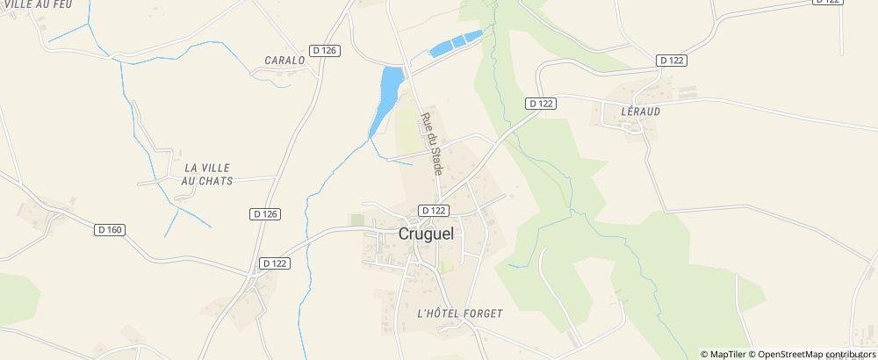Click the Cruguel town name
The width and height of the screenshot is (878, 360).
pyautogui.click(x=433, y=234)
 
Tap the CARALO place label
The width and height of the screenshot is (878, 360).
pyautogui.click(x=284, y=61)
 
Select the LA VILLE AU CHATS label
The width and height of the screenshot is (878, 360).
pyautogui.click(x=207, y=173)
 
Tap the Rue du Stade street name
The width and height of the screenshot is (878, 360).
pyautogui.click(x=430, y=144)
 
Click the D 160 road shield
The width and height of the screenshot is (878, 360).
pyautogui.click(x=110, y=230)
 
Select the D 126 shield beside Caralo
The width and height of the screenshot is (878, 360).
pyautogui.click(x=324, y=50)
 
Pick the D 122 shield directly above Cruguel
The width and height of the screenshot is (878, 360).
pyautogui.click(x=434, y=211)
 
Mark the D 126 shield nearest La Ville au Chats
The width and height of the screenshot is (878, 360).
pyautogui.click(x=264, y=213)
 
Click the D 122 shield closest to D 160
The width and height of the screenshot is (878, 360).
pyautogui.click(x=275, y=263)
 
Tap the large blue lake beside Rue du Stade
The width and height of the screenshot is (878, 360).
pyautogui.click(x=387, y=94)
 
